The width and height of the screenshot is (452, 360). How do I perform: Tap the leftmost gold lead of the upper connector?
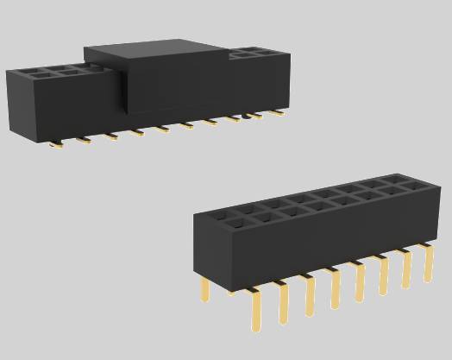point(56,143)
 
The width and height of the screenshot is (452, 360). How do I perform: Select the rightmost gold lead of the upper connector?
point(278,112)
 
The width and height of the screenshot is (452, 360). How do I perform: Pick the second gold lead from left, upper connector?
point(83,139)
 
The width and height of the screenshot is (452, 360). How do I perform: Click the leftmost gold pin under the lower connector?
point(205,289)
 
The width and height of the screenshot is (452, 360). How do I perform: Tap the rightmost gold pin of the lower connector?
point(426,262)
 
